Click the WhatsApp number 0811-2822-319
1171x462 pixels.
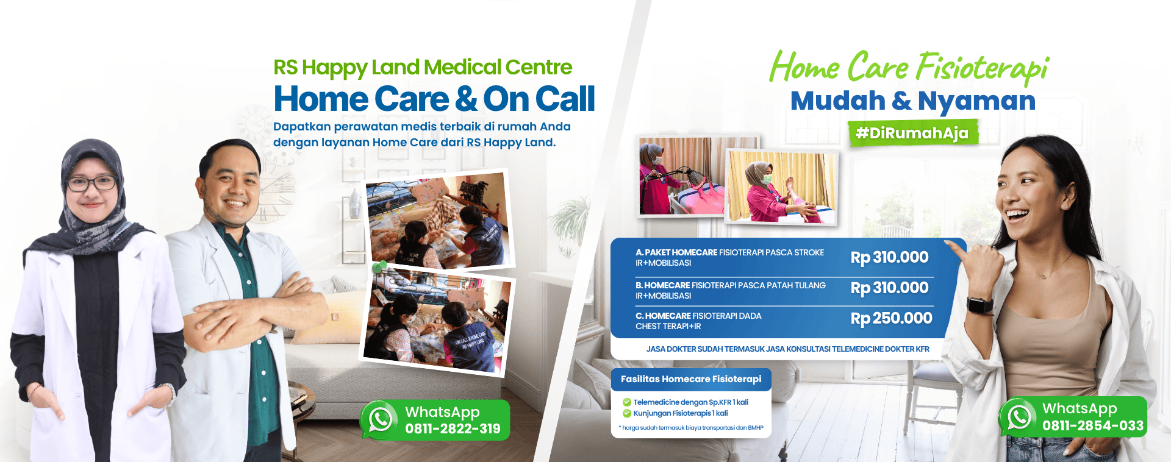point(453,429)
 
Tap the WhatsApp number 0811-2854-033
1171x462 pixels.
point(1093,425)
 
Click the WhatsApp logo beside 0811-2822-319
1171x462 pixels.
point(379,419)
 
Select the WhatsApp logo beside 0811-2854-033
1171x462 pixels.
point(1019,417)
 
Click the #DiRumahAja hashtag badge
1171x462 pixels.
point(913,133)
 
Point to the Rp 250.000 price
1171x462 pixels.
point(891,318)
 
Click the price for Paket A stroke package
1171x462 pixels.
point(889,257)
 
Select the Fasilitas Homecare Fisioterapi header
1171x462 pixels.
point(691,379)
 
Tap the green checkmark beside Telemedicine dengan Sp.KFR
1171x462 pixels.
point(626,402)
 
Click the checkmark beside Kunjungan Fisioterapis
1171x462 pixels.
point(626,413)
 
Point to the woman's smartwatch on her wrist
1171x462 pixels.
point(979,305)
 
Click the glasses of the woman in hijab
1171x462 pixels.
point(91,183)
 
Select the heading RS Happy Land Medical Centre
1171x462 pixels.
point(423,67)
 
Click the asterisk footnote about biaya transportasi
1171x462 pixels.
point(691,428)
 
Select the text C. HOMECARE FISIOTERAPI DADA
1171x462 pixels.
point(698,316)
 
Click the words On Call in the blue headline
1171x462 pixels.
point(539,99)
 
